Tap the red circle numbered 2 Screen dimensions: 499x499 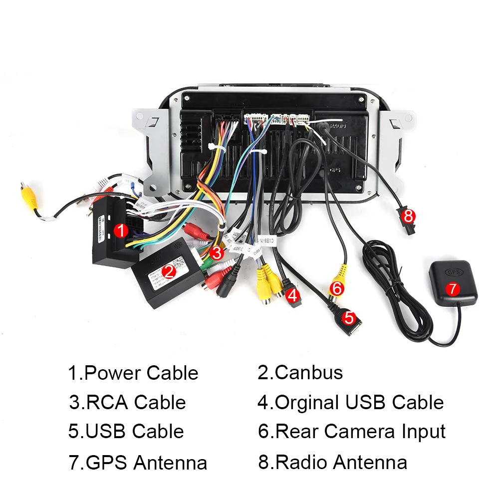tap(169, 271)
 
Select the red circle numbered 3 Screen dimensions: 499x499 tap(216, 252)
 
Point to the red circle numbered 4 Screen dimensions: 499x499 tap(293, 295)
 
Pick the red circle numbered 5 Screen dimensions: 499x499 tap(349, 317)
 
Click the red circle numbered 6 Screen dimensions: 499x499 tap(337, 288)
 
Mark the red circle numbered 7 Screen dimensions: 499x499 tap(453, 288)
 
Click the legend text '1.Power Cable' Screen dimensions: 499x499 tap(133, 373)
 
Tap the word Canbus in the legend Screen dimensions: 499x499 tap(309, 372)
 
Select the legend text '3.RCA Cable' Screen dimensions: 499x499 tap(127, 402)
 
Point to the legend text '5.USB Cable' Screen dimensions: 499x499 tap(126, 432)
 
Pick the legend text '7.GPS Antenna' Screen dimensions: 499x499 tap(138, 463)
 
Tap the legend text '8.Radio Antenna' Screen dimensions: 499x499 tap(333, 462)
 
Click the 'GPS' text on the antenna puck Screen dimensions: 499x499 tap(453, 273)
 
